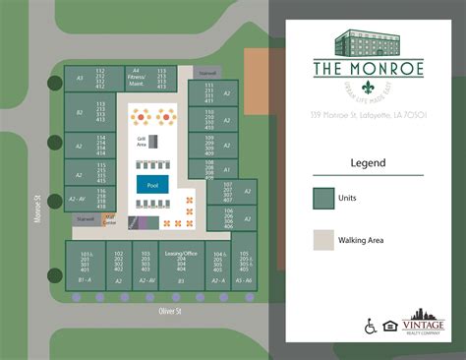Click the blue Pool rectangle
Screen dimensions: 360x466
point(151,184)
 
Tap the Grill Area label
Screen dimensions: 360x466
point(143,143)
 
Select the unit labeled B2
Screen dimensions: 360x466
point(79,114)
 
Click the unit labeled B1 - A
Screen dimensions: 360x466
point(85,280)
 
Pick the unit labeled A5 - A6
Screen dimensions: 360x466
point(244,280)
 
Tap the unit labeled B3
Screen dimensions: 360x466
point(181,280)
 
